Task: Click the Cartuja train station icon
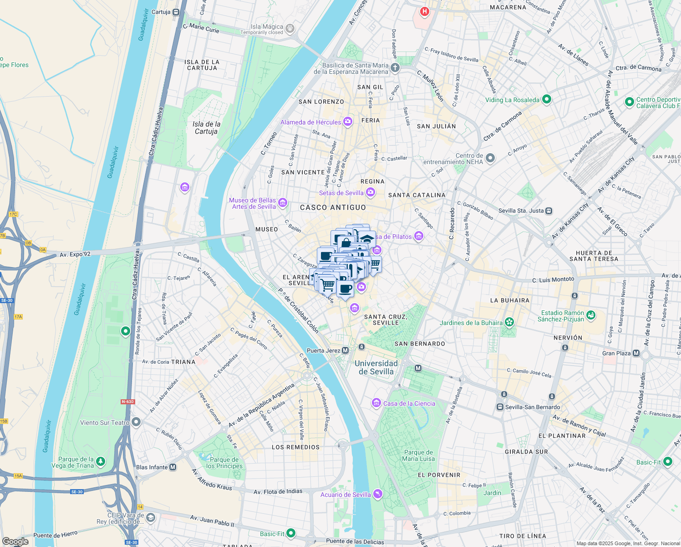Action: tap(176, 12)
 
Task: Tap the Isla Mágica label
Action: tap(267, 27)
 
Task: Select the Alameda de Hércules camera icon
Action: tap(348, 121)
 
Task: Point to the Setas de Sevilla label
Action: tap(341, 193)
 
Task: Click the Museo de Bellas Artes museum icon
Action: tap(283, 203)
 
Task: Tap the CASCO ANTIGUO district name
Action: tap(333, 207)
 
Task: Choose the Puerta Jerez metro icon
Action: tap(346, 351)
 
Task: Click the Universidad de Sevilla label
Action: tap(376, 367)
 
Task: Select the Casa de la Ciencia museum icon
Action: tap(376, 403)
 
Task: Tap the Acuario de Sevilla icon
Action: tap(377, 494)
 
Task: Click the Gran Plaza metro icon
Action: tap(636, 353)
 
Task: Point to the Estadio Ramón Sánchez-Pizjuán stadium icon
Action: tap(591, 315)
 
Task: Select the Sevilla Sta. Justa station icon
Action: tap(549, 211)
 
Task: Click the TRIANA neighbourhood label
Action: tap(183, 362)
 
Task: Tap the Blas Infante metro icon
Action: tap(173, 467)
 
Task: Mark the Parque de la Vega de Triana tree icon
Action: tap(101, 462)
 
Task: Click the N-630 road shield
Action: tap(127, 402)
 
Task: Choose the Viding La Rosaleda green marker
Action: tap(547, 99)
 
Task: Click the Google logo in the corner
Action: tap(15, 542)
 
